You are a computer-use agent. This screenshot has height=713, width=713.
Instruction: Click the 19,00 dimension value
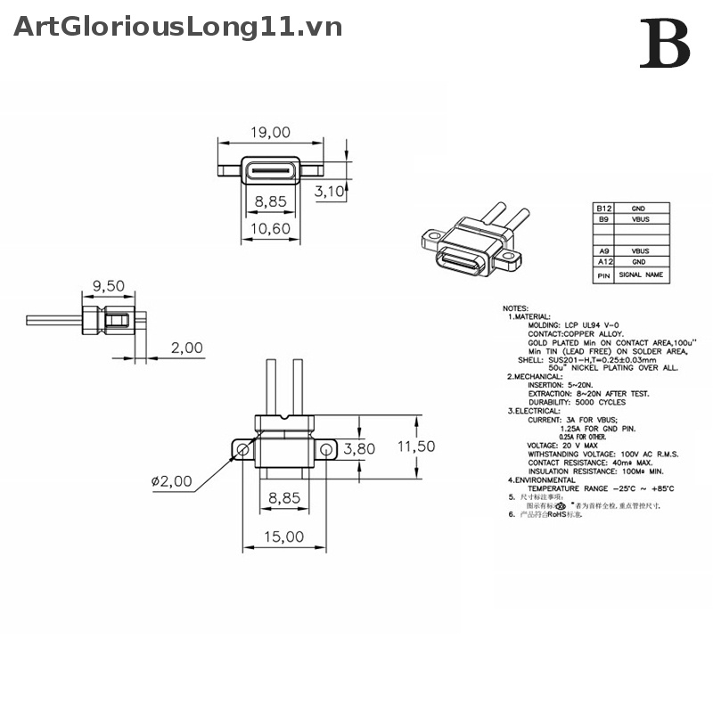coord(270,133)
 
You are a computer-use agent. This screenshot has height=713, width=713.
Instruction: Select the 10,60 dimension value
coord(270,228)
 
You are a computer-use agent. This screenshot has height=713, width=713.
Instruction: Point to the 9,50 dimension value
coord(108,287)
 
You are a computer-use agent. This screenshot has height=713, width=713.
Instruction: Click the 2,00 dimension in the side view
coord(186,348)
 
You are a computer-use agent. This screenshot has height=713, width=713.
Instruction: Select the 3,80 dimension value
coord(359,448)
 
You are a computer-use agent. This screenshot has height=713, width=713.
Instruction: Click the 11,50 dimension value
coord(416,446)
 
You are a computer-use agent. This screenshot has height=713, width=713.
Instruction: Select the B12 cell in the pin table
coord(604,208)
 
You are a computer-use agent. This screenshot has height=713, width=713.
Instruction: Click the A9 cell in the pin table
coord(604,251)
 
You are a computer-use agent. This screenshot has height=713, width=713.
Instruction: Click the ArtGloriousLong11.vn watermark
coord(178,27)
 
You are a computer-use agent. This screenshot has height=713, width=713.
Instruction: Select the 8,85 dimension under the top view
coord(270,202)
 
